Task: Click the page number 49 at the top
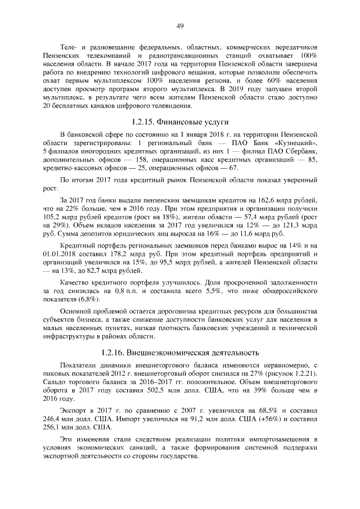[180, 25]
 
